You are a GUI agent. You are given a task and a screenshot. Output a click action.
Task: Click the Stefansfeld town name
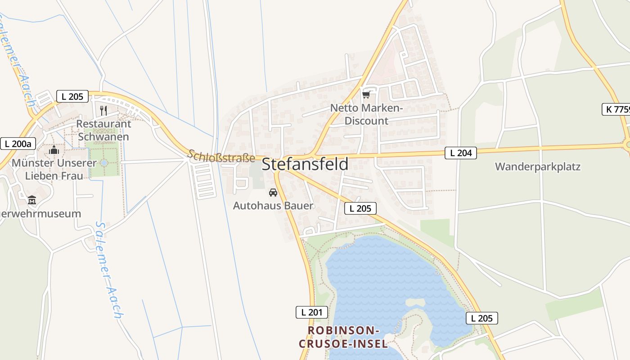tap(305, 164)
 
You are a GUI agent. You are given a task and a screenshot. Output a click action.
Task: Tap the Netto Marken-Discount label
tap(366, 114)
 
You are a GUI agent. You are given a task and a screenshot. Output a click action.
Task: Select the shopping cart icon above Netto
tap(366, 94)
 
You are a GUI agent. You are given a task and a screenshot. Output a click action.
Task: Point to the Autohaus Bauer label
tap(273, 206)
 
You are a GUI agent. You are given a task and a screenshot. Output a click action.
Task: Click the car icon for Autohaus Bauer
tap(273, 193)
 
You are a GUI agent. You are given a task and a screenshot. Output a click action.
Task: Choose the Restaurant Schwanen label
tap(103, 130)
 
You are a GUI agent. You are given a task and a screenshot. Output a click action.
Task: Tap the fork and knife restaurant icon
tap(103, 110)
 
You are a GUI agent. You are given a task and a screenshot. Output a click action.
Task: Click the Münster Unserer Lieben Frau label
tap(54, 169)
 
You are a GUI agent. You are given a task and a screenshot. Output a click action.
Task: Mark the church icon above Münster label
tap(54, 149)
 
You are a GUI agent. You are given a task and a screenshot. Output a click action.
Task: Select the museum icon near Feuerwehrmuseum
tap(32, 200)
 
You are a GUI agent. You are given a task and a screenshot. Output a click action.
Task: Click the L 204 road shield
tap(461, 153)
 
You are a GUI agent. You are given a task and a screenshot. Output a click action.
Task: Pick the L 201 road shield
tap(312, 312)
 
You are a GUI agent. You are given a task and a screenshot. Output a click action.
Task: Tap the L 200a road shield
tap(18, 144)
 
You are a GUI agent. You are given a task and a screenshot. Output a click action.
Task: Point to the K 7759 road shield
tap(616, 109)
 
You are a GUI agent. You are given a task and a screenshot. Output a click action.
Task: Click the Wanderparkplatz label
tap(538, 167)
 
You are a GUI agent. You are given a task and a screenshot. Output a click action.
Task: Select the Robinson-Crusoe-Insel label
tap(343, 337)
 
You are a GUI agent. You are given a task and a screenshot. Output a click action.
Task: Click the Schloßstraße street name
tap(221, 156)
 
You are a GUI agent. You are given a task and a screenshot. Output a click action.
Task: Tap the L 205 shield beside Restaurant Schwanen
tap(72, 96)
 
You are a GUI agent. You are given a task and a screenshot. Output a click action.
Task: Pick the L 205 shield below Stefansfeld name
tap(360, 208)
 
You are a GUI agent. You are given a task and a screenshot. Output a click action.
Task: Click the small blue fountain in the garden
tap(104, 162)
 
